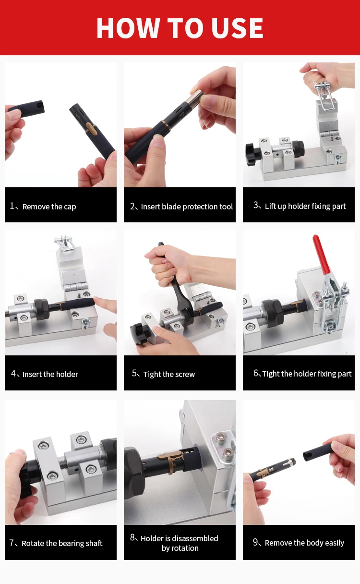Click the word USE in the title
(237, 28)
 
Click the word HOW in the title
(128, 28)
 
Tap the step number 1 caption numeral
(12, 206)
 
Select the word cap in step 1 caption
(70, 207)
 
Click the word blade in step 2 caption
(171, 207)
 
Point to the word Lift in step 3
(270, 206)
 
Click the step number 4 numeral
(13, 373)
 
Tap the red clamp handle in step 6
(322, 255)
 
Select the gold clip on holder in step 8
(171, 458)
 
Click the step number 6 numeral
(256, 373)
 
